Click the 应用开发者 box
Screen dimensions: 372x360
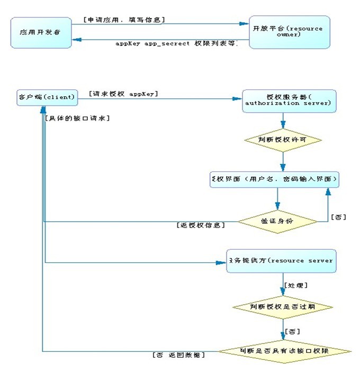pos(41,32)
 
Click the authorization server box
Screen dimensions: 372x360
pos(289,101)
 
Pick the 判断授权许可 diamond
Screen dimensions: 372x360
pos(283,140)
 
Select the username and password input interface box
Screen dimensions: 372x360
pos(274,180)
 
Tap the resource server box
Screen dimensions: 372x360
pos(281,261)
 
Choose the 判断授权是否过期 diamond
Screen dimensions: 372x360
pos(284,307)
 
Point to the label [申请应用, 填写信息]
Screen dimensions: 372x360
pos(124,20)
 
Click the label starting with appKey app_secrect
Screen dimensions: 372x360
pos(176,43)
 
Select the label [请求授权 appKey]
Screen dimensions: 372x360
pos(124,94)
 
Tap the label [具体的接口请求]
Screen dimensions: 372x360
pos(78,119)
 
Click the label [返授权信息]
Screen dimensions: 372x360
pos(201,225)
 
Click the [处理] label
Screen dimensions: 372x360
pos(296,285)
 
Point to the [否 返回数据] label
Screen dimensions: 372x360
pos(178,355)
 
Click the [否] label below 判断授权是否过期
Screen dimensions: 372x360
pos(292,331)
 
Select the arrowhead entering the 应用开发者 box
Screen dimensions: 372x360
pos(76,39)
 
